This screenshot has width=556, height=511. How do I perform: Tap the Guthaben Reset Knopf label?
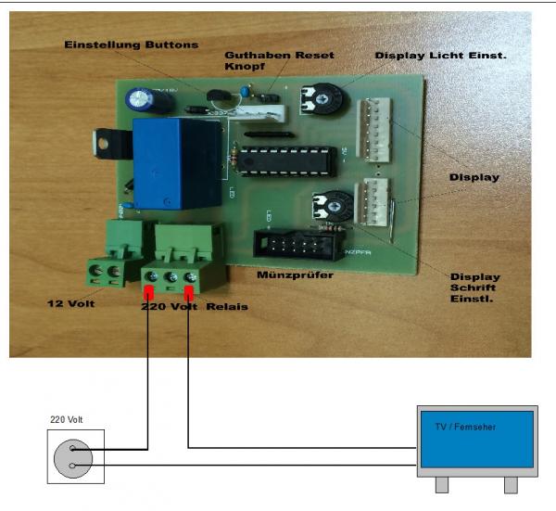click(266, 61)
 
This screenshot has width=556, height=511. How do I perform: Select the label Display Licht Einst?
click(440, 56)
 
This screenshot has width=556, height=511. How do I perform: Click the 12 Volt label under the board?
click(73, 303)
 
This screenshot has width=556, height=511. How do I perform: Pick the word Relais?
click(228, 306)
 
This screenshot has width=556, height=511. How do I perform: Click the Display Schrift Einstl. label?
click(474, 288)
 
